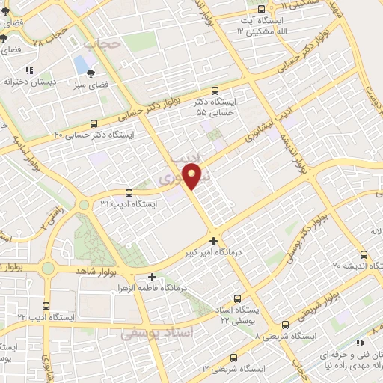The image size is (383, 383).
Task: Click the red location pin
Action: (193, 177)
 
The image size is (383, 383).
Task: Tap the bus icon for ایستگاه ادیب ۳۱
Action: (129, 192)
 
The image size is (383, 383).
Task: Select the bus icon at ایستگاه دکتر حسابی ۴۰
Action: (94, 123)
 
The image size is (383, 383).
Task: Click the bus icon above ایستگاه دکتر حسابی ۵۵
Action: (215, 89)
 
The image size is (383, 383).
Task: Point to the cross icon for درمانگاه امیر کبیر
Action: (215, 242)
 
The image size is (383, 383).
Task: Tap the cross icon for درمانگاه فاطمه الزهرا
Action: (153, 277)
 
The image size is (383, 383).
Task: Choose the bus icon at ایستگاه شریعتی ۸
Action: (285, 325)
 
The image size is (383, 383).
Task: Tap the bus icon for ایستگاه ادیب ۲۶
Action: (47, 306)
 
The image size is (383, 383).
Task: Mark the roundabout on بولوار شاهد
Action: (49, 268)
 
